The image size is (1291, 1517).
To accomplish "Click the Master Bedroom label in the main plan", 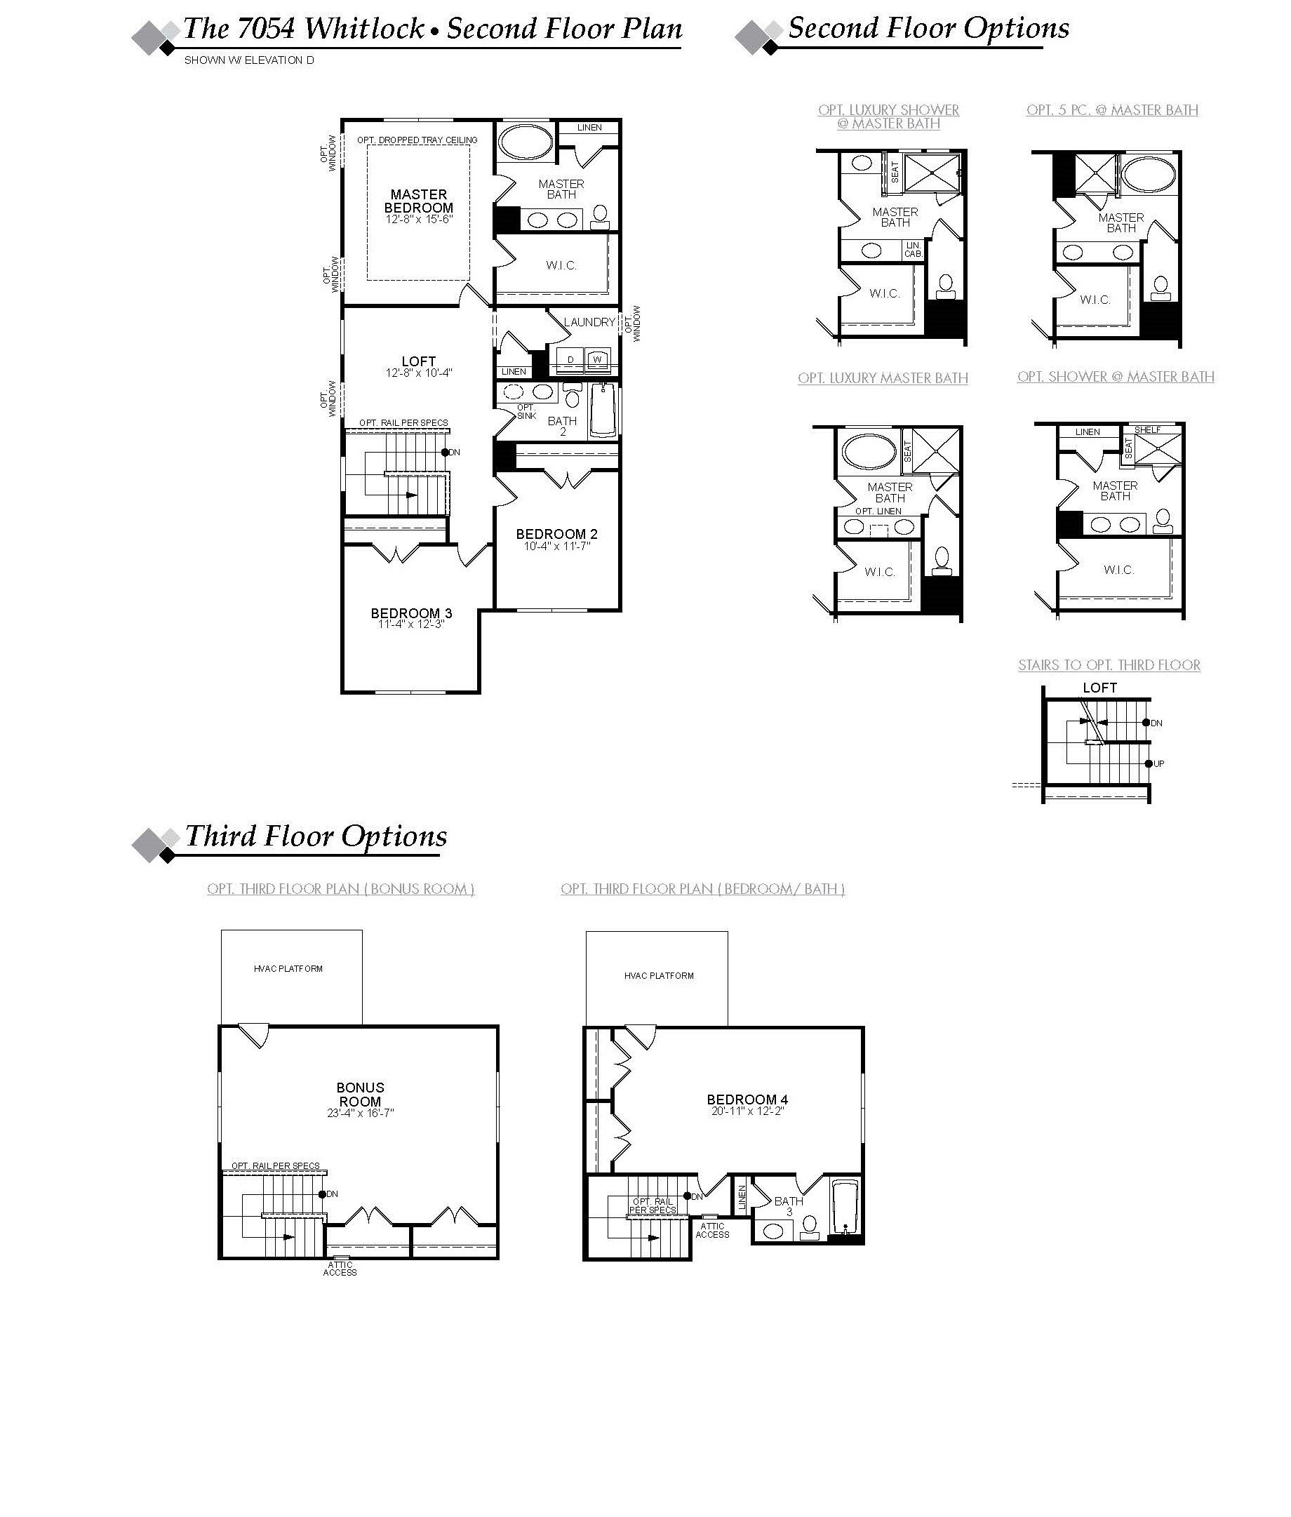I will coord(418,201).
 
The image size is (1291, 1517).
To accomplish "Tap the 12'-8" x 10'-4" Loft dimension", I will coord(419,373).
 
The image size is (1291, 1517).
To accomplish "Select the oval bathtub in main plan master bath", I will coord(525,142).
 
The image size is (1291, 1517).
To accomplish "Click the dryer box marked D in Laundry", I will coord(570,359).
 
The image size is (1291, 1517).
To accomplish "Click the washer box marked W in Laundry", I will coord(597,359).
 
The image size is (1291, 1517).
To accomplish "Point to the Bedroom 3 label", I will coord(410,613).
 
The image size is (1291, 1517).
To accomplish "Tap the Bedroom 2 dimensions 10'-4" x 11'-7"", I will coord(556,546).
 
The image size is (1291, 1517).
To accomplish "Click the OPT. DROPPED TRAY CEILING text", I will coord(417,140).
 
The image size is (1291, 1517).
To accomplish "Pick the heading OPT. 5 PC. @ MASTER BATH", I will coord(1111,109).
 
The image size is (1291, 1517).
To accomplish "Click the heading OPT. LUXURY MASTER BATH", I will coord(883,377).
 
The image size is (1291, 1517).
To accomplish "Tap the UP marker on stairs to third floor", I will coord(1158,763).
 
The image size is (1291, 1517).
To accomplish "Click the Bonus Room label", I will coord(359,1095).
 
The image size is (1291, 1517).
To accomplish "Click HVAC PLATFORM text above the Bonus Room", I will coord(288,969).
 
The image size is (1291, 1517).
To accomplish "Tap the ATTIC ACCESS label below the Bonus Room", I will coord(340,1268).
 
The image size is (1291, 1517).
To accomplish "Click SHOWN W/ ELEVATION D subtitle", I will coord(249,60).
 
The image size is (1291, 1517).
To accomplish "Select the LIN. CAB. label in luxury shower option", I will coord(912,250).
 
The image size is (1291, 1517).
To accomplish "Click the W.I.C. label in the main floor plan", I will coord(561,265).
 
